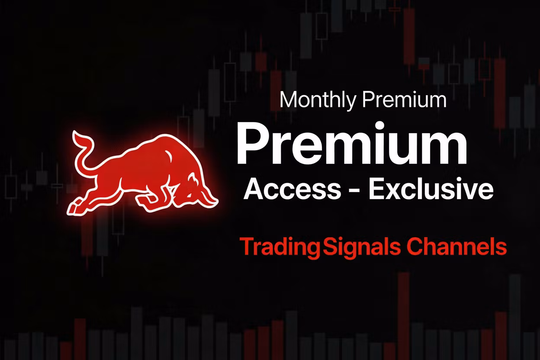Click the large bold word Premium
pyautogui.click(x=351, y=144)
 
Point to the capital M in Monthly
pyautogui.click(x=288, y=100)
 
